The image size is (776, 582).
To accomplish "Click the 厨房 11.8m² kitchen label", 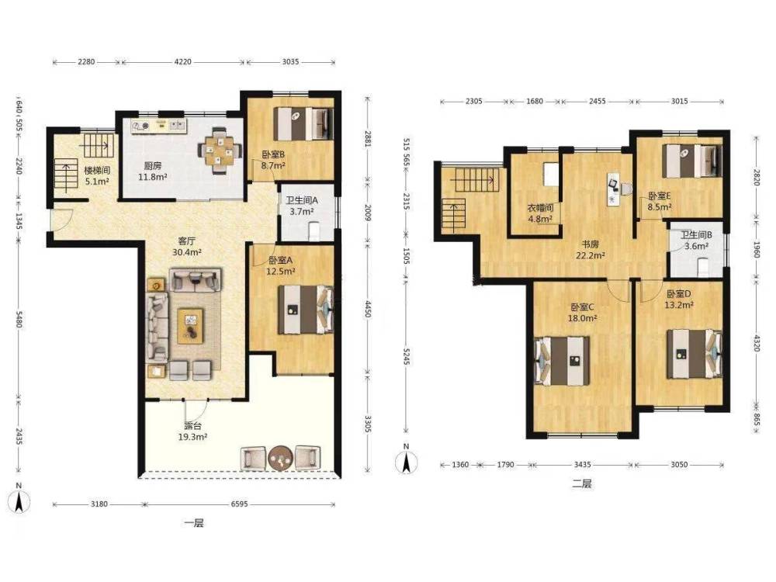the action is pos(152,171).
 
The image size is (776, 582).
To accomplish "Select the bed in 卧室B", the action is pos(303,123).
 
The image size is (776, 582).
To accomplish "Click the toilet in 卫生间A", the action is pos(314,230).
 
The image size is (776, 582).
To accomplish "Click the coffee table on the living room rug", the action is pos(191,326).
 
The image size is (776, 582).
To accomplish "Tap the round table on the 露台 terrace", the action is pos(281,458).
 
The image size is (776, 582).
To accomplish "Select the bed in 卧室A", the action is pos(305,310).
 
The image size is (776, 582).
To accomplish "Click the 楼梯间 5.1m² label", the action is pos(96,175).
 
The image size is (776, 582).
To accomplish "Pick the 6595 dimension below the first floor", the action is pos(240,504).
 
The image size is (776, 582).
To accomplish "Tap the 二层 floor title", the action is pos(582,483).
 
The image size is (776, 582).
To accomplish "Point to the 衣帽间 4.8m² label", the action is pos(540,213).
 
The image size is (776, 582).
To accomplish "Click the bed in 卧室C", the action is pos(563,361).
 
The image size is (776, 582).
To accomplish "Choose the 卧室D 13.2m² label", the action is pos(678,300).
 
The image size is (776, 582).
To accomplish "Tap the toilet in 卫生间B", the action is pos(704,267).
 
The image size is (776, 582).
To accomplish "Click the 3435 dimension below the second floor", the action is pos(583,465).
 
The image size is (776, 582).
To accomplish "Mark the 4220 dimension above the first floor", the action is pos(183,62).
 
